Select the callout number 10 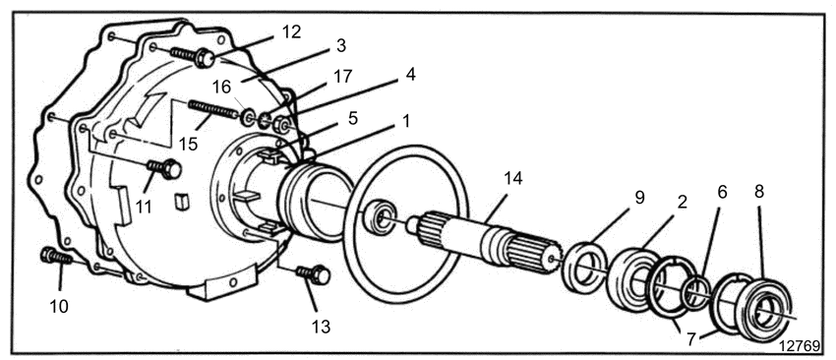pyautogui.click(x=60, y=307)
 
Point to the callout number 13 pyautogui.click(x=320, y=326)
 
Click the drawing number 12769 pyautogui.click(x=800, y=345)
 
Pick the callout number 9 pyautogui.click(x=639, y=198)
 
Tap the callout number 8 pyautogui.click(x=758, y=192)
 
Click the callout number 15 pyautogui.click(x=188, y=144)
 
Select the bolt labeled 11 pyautogui.click(x=164, y=168)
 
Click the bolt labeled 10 pyautogui.click(x=56, y=257)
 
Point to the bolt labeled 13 pyautogui.click(x=313, y=274)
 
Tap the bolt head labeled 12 pyautogui.click(x=205, y=58)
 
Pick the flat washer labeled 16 pyautogui.click(x=248, y=118)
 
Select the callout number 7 pyautogui.click(x=691, y=338)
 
